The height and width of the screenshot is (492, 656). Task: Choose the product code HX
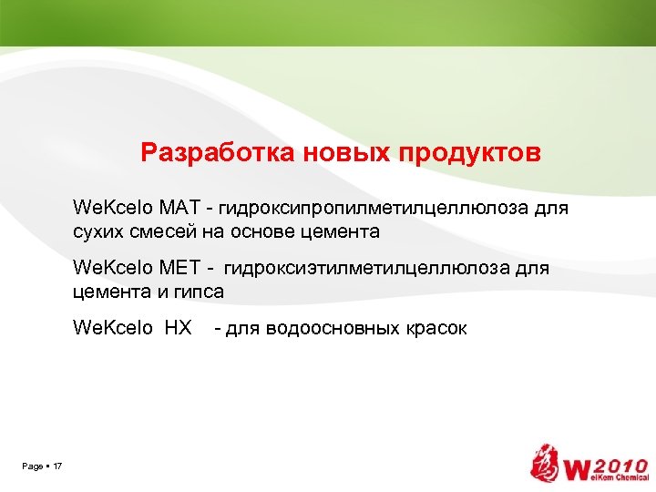pyautogui.click(x=178, y=328)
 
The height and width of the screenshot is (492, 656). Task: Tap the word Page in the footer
pyautogui.click(x=32, y=466)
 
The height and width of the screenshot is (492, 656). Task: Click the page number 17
pyautogui.click(x=57, y=466)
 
